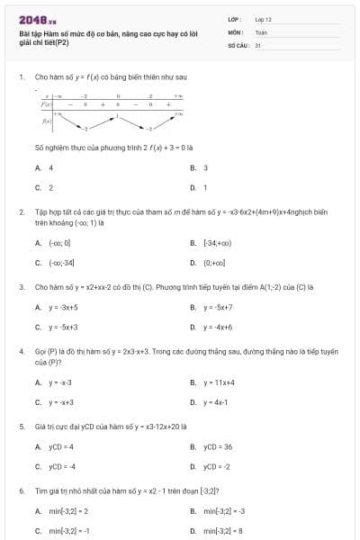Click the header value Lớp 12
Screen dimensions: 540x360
click(263, 18)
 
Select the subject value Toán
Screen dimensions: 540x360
click(261, 31)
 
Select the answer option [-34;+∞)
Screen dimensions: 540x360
click(217, 242)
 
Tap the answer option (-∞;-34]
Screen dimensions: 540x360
click(61, 263)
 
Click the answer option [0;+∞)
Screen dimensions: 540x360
click(214, 263)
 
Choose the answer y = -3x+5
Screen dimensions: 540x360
click(64, 307)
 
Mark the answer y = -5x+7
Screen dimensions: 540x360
click(219, 307)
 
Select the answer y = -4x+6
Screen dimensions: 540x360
click(218, 328)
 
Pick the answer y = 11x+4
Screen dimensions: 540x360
click(219, 382)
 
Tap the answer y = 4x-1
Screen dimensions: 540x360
click(215, 402)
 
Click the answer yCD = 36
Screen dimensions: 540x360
click(218, 446)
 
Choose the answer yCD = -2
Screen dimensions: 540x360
click(217, 467)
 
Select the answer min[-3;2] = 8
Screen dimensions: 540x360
click(223, 531)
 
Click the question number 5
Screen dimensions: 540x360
click(22, 426)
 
